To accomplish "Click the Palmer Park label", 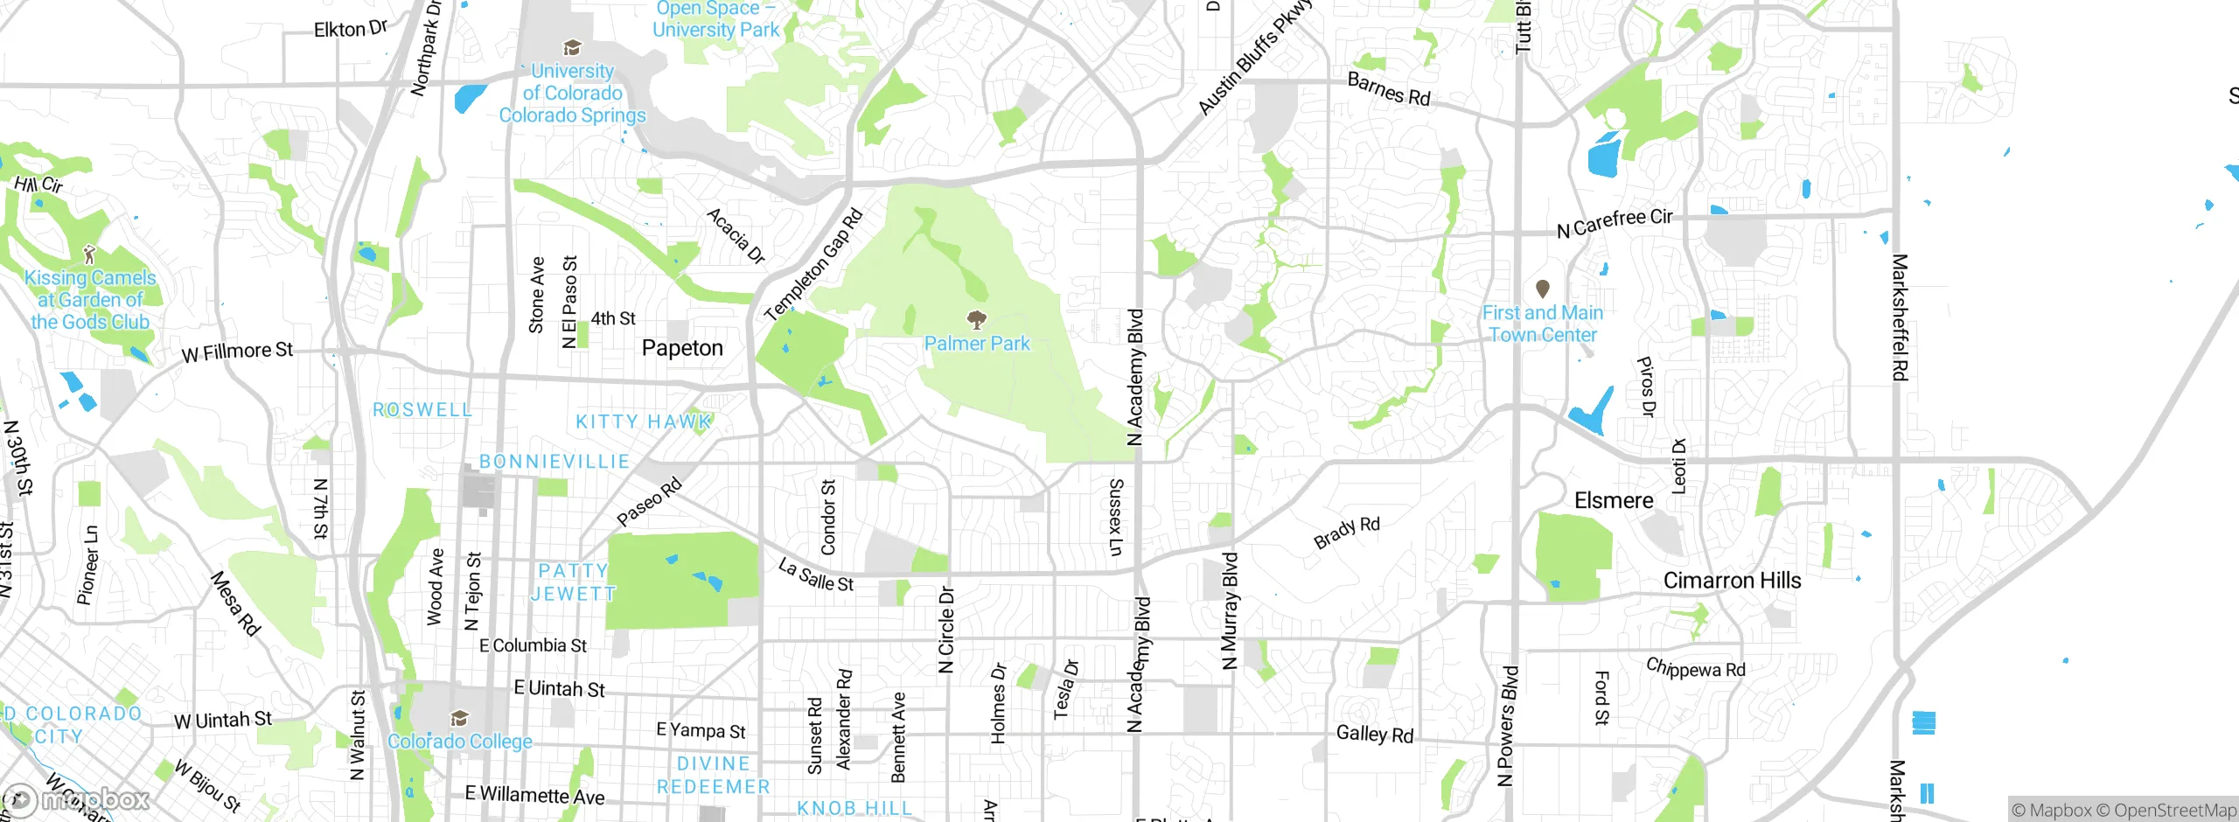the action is tap(977, 344).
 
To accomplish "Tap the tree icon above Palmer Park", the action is tap(977, 319).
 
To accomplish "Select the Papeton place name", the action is tap(682, 348).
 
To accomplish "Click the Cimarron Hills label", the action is tap(1732, 581).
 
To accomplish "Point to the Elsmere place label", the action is tap(1614, 500).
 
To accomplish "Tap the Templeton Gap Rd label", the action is tap(813, 265).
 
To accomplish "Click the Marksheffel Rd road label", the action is tap(1899, 317).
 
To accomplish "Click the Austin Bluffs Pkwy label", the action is tap(1255, 58).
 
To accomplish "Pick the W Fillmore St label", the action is tap(237, 352).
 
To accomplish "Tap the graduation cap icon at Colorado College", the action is tap(459, 719).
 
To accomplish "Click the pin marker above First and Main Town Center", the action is tap(1543, 289).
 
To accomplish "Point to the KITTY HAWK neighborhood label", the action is tap(643, 421).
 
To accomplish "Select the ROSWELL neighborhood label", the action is tap(422, 409).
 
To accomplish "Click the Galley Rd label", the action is tap(1374, 734).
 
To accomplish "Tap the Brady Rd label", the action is tap(1347, 532).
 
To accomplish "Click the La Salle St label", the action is tap(816, 575).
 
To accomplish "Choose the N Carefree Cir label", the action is tap(1615, 223).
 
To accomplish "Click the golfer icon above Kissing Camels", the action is tap(89, 254).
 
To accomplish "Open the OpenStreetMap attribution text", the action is tap(2174, 810).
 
